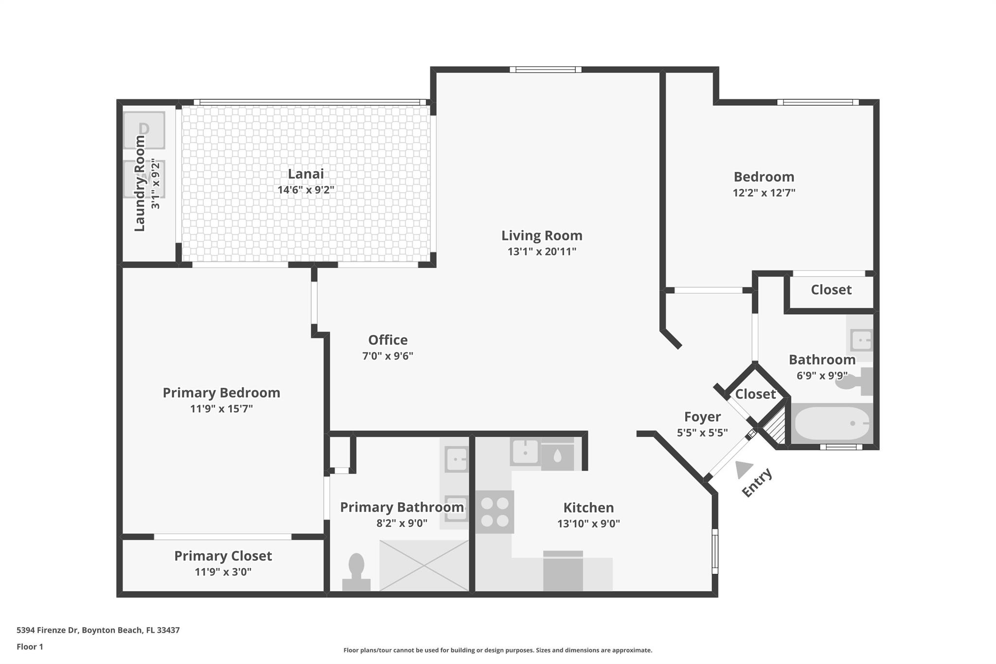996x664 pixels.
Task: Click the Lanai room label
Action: click(x=305, y=174)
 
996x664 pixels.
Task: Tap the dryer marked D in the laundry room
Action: click(x=144, y=130)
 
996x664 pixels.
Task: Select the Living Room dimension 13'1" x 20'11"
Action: click(x=542, y=251)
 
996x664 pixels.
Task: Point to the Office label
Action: click(x=388, y=340)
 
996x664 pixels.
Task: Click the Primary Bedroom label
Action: click(x=221, y=393)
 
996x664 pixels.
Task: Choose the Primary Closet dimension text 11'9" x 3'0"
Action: click(x=223, y=572)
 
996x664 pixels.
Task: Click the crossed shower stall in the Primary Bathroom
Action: click(x=424, y=566)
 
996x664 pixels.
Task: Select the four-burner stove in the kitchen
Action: click(x=495, y=512)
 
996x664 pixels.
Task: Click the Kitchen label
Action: click(x=588, y=507)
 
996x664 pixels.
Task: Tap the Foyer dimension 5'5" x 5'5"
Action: click(x=702, y=432)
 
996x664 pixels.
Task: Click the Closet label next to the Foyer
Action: click(x=755, y=394)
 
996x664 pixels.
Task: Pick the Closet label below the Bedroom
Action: click(x=831, y=290)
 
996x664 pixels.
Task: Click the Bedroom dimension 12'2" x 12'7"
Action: click(x=764, y=193)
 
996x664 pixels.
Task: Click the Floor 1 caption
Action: click(x=30, y=646)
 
